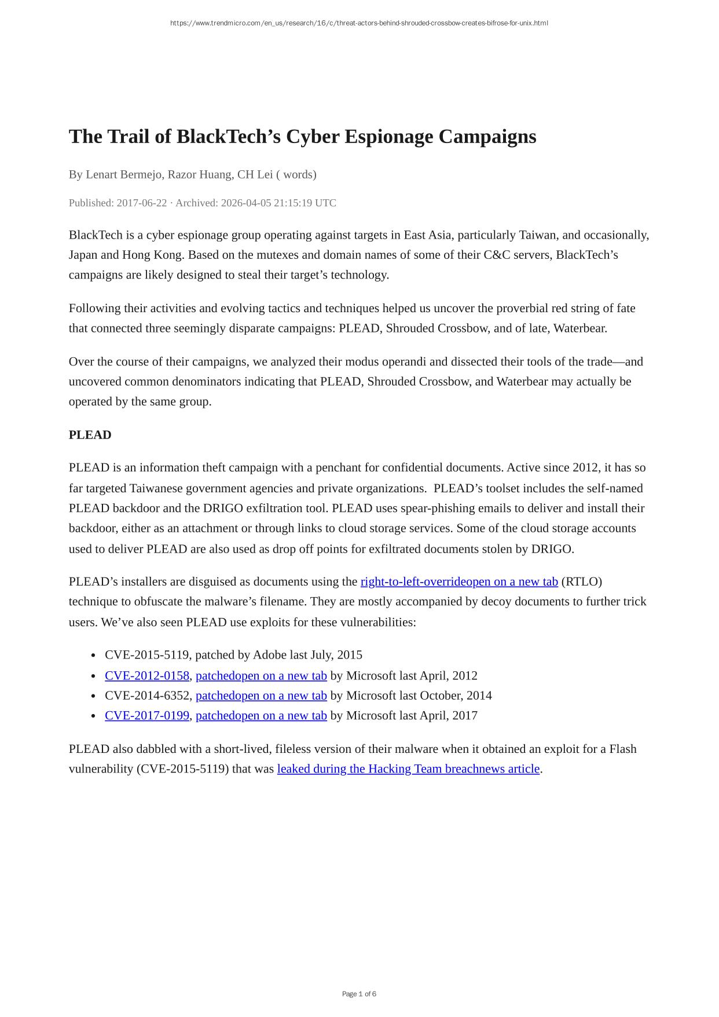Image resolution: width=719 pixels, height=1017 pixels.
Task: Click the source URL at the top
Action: pyautogui.click(x=359, y=23)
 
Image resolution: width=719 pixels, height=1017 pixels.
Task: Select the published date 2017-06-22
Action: pyautogui.click(x=141, y=203)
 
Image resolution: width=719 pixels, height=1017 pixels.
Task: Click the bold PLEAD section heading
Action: pyautogui.click(x=90, y=435)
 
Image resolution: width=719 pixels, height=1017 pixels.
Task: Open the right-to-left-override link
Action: pyautogui.click(x=459, y=581)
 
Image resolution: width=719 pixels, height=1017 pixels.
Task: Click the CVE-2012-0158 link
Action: pyautogui.click(x=147, y=675)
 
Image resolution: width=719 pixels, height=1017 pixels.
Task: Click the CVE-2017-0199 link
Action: pyautogui.click(x=147, y=715)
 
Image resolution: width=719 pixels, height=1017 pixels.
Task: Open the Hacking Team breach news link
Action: pyautogui.click(x=408, y=769)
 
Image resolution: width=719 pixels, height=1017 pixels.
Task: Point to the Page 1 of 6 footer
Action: pyautogui.click(x=359, y=994)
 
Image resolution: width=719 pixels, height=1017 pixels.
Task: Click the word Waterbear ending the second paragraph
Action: pyautogui.click(x=579, y=328)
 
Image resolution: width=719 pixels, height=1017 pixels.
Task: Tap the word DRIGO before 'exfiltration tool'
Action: pyautogui.click(x=218, y=508)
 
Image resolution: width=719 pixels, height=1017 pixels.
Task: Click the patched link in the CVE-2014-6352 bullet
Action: pyautogui.click(x=261, y=695)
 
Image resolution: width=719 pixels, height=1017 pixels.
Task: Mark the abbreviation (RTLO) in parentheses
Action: pyautogui.click(x=581, y=581)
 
